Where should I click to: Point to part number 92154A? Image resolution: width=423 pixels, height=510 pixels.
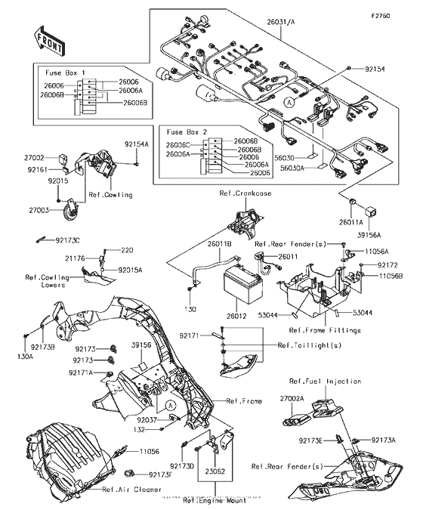[x=137, y=144]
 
